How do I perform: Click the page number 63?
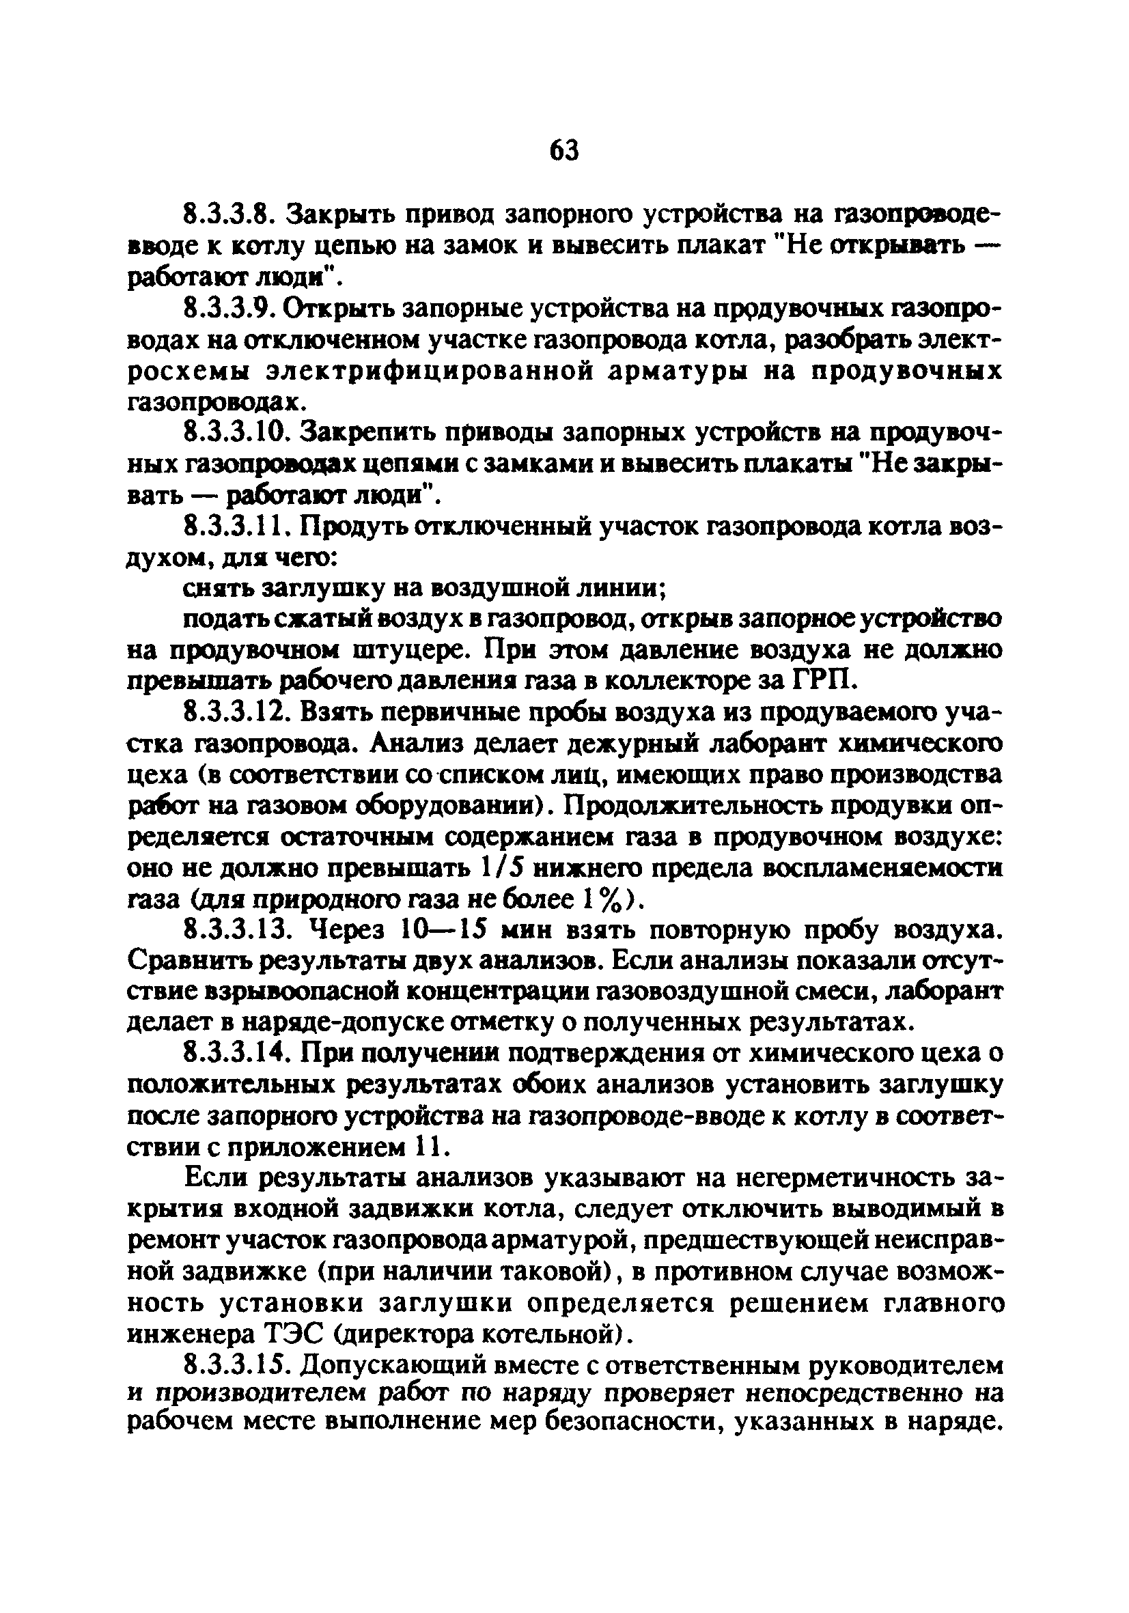[x=563, y=150]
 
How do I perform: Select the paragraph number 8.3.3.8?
[x=232, y=213]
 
